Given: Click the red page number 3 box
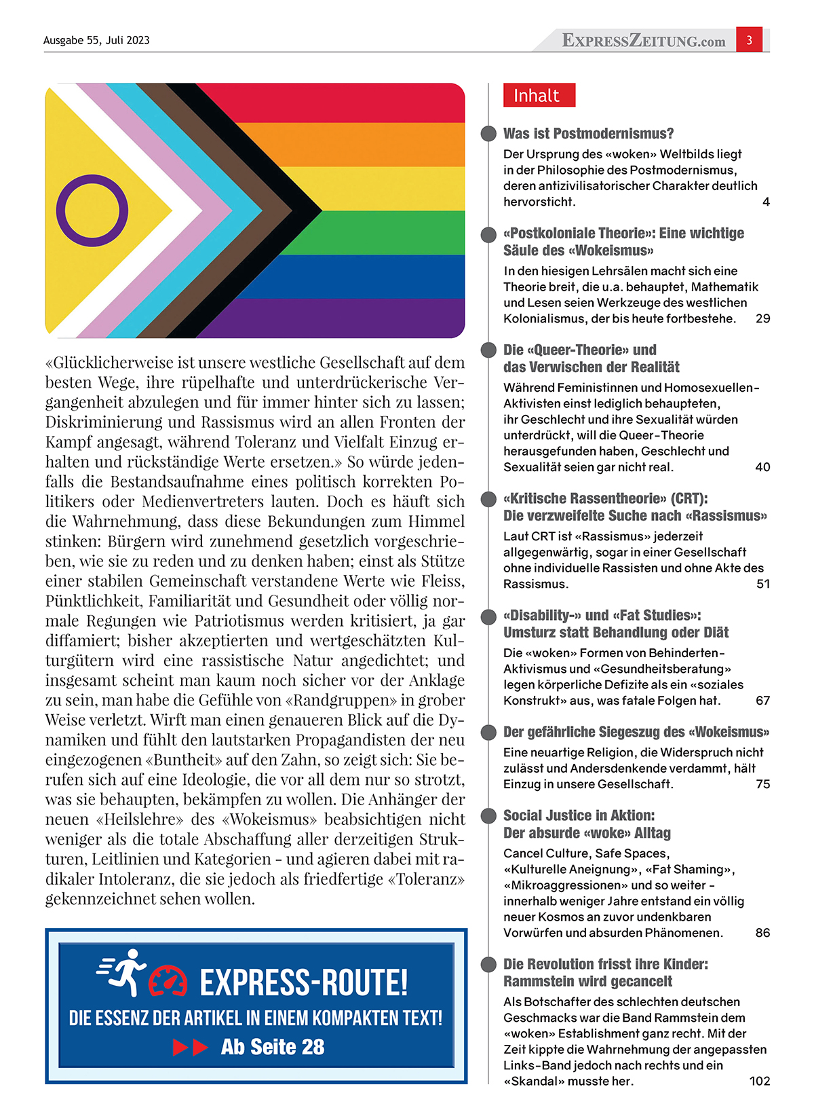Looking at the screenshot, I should tap(749, 40).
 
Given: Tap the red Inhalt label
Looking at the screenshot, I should tap(539, 96).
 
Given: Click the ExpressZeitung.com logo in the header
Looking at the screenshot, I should tap(643, 41).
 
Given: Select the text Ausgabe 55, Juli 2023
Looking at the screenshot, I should tap(96, 40).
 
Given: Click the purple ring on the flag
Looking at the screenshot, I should tap(92, 210).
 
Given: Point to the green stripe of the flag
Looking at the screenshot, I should tap(393, 233).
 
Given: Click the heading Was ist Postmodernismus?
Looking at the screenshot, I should tap(588, 134).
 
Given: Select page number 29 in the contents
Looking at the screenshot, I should tap(762, 318).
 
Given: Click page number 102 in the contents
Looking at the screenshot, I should tap(759, 1081).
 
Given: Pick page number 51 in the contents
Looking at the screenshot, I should tap(762, 584).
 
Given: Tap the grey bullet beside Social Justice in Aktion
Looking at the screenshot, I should tap(488, 815).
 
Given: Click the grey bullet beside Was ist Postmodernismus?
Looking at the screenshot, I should tap(488, 134).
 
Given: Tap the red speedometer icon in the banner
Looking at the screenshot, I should tap(168, 982).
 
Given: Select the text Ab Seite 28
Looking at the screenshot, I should tap(273, 1047).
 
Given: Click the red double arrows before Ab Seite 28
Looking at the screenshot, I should tap(191, 1048).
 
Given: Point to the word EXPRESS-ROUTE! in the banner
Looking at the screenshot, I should tap(303, 982).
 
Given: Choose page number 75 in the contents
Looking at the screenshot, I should tap(762, 784).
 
